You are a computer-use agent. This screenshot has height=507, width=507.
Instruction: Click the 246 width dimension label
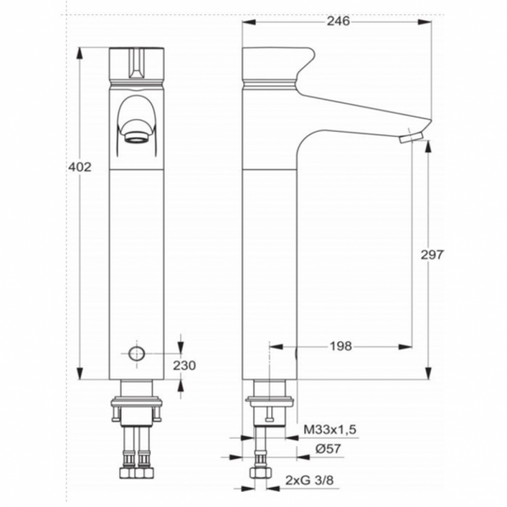click(337, 21)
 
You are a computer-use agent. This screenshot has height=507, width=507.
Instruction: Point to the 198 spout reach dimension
click(341, 346)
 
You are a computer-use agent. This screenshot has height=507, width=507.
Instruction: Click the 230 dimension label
click(185, 365)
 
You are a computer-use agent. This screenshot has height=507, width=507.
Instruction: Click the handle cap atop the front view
click(136, 63)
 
